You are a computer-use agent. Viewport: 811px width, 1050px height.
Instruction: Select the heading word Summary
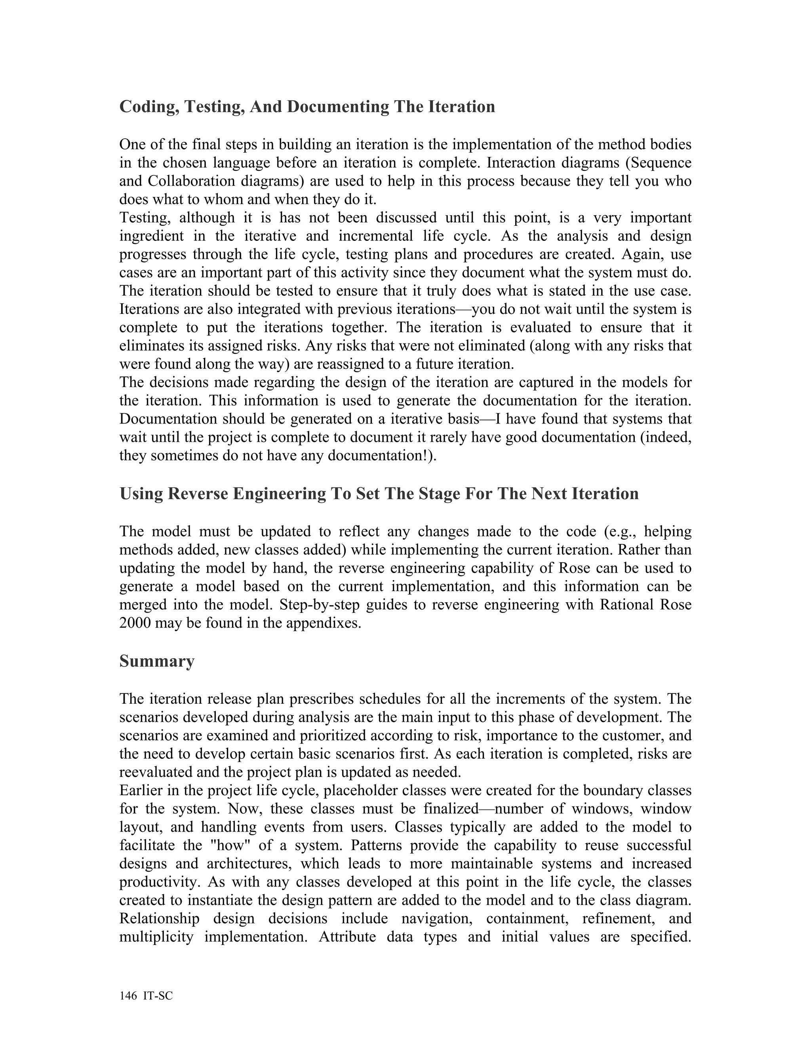tap(157, 662)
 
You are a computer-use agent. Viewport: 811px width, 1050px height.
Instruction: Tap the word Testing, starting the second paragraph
tap(145, 218)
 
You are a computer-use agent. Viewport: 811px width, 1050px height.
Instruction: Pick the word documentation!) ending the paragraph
tap(382, 455)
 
